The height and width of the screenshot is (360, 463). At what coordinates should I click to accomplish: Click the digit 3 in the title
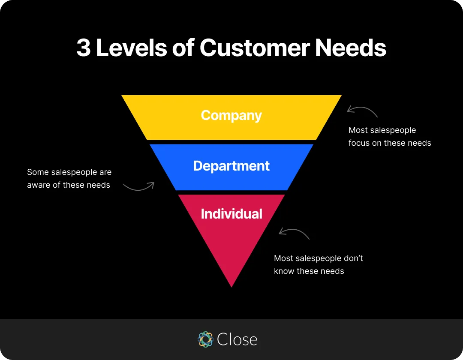coord(84,48)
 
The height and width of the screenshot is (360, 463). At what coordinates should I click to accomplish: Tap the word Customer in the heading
coord(254,48)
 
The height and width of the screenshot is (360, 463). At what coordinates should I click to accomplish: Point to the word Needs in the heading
coord(351,48)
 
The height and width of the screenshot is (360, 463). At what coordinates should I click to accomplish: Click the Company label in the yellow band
coord(231,115)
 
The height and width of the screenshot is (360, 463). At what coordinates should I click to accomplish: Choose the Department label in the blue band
coord(231,166)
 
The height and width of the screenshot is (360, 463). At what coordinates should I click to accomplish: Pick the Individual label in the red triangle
coord(231,213)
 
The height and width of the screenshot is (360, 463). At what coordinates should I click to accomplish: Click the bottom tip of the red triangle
coord(231,286)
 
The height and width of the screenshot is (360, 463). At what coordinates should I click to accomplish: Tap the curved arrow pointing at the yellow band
coord(362,111)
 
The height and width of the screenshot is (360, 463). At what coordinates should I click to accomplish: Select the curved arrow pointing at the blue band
coord(138,186)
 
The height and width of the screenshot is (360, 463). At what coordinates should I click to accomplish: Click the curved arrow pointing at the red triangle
coord(294,233)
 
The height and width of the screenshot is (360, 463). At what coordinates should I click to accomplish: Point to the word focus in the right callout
coord(359,143)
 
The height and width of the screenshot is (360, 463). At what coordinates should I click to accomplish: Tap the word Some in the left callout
coord(38,172)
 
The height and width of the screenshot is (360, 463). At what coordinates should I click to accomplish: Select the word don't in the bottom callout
coord(353,258)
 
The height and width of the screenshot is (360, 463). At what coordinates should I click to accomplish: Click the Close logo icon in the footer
coord(205,339)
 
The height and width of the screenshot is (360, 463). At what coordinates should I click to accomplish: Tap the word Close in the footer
coord(237,339)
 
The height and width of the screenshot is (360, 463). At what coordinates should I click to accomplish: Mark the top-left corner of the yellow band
coord(122,96)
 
